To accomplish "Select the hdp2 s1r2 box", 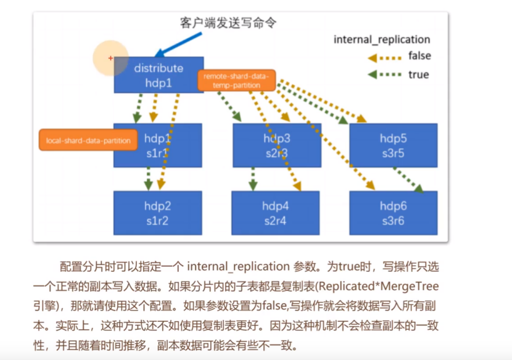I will pyautogui.click(x=158, y=213).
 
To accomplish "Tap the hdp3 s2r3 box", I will pyautogui.click(x=277, y=145).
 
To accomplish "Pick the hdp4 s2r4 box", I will pyautogui.click(x=276, y=213).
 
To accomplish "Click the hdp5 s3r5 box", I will pyautogui.click(x=393, y=145).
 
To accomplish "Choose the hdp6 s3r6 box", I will pyautogui.click(x=393, y=213).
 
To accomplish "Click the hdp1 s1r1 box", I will pyautogui.click(x=158, y=145).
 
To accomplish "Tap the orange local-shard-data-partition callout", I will pyautogui.click(x=88, y=141).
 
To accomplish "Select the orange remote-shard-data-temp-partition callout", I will pyautogui.click(x=236, y=80).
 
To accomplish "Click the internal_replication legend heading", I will pyautogui.click(x=382, y=39).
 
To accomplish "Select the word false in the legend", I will pyautogui.click(x=419, y=56).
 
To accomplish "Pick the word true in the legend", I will pyautogui.click(x=418, y=75).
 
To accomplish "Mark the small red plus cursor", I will pyautogui.click(x=110, y=59).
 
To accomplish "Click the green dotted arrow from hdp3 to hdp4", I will pyautogui.click(x=253, y=179).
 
